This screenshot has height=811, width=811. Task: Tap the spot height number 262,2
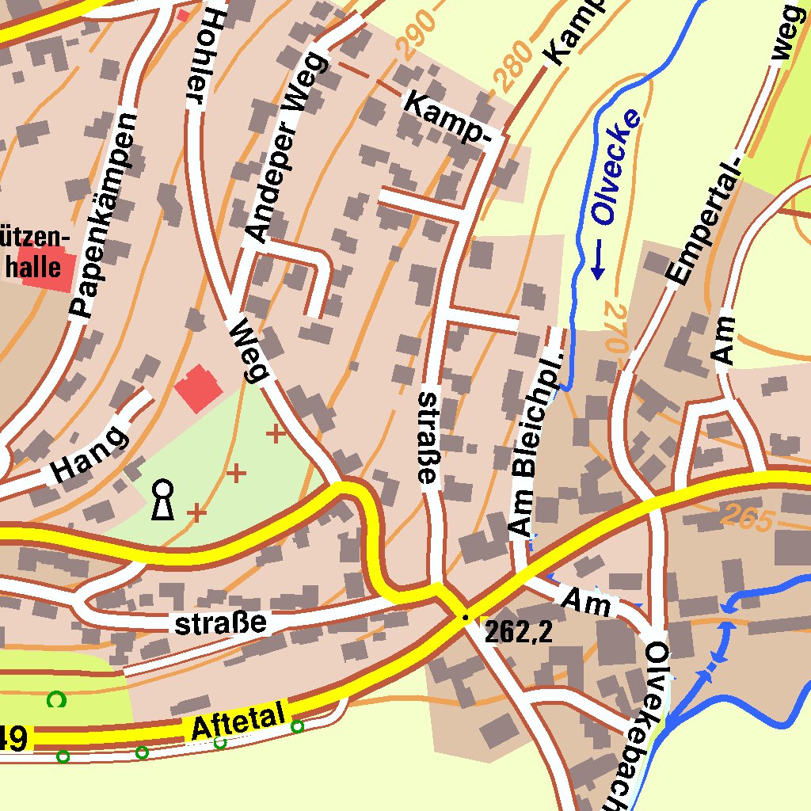(x=518, y=631)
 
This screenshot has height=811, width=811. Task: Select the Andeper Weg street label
(x=286, y=147)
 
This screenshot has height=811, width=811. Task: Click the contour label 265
(x=747, y=519)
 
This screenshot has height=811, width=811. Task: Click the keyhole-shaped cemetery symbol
(x=163, y=499)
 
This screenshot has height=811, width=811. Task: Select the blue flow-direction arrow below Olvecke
(x=598, y=261)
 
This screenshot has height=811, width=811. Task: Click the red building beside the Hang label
(x=198, y=389)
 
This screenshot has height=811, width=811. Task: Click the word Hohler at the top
(x=203, y=55)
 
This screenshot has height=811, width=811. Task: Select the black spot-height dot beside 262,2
(x=466, y=617)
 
